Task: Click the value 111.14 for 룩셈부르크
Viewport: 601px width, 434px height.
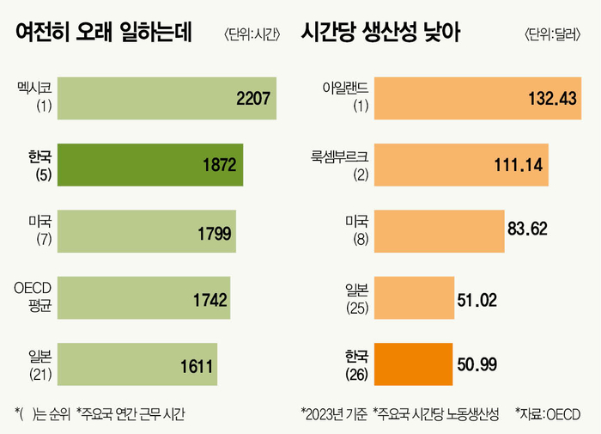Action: [519, 164]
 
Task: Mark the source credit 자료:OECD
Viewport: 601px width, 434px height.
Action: [547, 414]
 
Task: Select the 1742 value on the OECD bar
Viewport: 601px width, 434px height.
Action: [209, 299]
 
